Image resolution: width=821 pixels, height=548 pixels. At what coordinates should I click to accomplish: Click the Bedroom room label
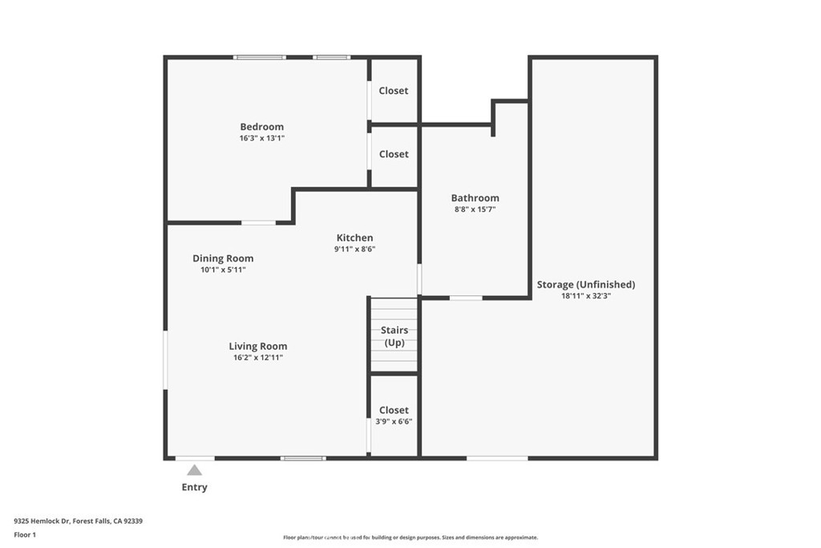tap(261, 127)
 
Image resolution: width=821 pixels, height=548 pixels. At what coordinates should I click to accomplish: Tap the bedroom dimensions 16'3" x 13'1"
tap(261, 138)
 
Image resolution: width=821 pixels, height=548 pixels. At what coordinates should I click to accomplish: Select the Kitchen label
tap(354, 237)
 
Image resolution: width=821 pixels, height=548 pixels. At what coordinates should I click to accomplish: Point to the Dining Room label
tap(223, 258)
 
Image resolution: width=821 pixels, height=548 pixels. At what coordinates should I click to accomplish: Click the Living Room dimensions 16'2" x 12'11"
tap(258, 358)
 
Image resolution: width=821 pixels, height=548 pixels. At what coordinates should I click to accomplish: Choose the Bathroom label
tap(475, 198)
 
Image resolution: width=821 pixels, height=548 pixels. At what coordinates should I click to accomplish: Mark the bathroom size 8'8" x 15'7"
tap(475, 209)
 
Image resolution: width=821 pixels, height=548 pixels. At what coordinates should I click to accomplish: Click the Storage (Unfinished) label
tap(585, 284)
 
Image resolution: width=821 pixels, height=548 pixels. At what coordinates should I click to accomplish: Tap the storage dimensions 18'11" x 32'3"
tap(585, 296)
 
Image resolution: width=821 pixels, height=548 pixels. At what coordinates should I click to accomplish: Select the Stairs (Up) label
tap(394, 336)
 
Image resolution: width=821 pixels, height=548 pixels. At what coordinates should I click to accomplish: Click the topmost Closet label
tap(394, 91)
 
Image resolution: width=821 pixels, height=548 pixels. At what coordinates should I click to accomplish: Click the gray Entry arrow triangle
tap(195, 470)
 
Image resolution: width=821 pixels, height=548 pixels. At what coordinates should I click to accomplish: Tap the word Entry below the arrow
tap(195, 487)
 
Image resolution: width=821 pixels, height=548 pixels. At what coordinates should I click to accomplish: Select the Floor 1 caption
tap(25, 534)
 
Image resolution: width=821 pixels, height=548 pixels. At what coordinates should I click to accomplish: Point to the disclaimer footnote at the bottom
tap(410, 538)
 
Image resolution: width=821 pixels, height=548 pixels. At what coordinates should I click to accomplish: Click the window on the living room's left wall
tap(165, 360)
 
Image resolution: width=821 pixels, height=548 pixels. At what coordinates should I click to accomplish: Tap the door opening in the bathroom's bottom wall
tap(466, 298)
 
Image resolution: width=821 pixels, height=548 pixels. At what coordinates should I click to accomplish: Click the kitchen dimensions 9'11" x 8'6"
tap(354, 249)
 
